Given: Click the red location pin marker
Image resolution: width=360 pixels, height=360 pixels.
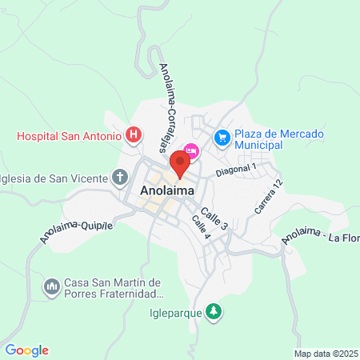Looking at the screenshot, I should click(180, 165).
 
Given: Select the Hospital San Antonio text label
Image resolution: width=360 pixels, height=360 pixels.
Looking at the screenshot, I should click(70, 135).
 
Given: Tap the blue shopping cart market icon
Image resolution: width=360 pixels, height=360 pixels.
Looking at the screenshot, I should click(222, 138).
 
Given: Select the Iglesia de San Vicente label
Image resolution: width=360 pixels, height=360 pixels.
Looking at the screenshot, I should click(54, 177).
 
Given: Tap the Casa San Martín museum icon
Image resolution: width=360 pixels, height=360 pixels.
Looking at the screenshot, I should click(52, 286).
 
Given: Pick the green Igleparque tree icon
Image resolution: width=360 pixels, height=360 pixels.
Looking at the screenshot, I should click(214, 310).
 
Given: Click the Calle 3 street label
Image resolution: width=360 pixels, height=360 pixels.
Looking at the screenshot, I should click(214, 219).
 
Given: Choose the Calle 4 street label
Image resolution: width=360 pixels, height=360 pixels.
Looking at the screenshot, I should click(200, 228).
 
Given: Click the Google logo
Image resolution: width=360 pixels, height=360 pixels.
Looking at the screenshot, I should click(26, 350).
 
